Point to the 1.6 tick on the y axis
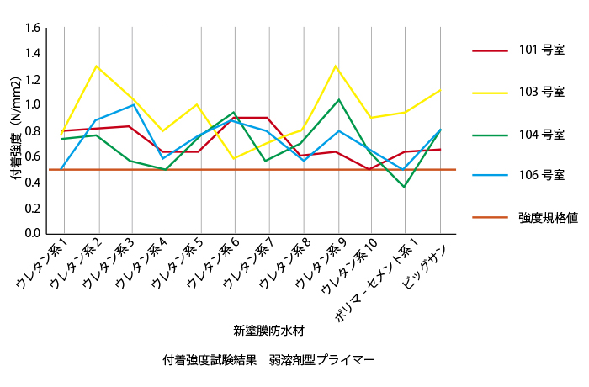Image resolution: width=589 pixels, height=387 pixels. click(x=32, y=28)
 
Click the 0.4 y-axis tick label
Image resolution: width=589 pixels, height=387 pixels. click(x=32, y=182)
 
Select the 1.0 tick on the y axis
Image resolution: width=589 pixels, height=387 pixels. click(x=32, y=105)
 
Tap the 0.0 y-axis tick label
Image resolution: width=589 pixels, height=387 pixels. click(x=32, y=233)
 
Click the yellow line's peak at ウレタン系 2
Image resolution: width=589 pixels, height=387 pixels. click(x=97, y=66)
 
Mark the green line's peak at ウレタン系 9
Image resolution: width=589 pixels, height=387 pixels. click(x=337, y=99)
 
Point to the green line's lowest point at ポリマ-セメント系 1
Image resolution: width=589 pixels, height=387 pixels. click(x=405, y=187)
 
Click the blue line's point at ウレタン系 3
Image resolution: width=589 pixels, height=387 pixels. click(x=131, y=104)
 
